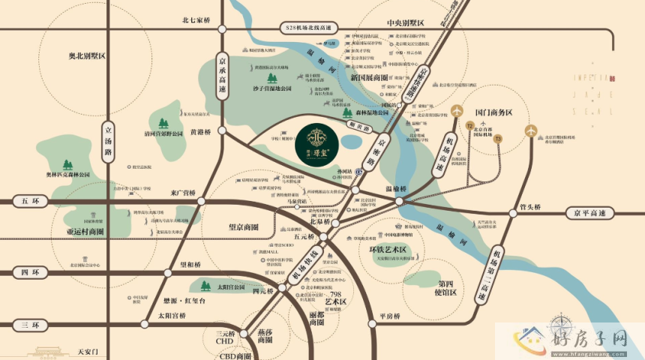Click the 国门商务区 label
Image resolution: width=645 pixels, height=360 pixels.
(488, 112)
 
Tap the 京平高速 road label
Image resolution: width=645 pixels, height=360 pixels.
(584, 212)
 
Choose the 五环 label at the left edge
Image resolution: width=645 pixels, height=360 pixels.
(30, 201)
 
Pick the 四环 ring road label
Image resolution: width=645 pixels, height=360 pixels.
(30, 272)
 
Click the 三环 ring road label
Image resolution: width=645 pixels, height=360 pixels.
(30, 325)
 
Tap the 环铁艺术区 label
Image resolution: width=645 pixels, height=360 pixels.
(388, 249)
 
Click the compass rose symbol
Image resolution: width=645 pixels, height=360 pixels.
(559, 327)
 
